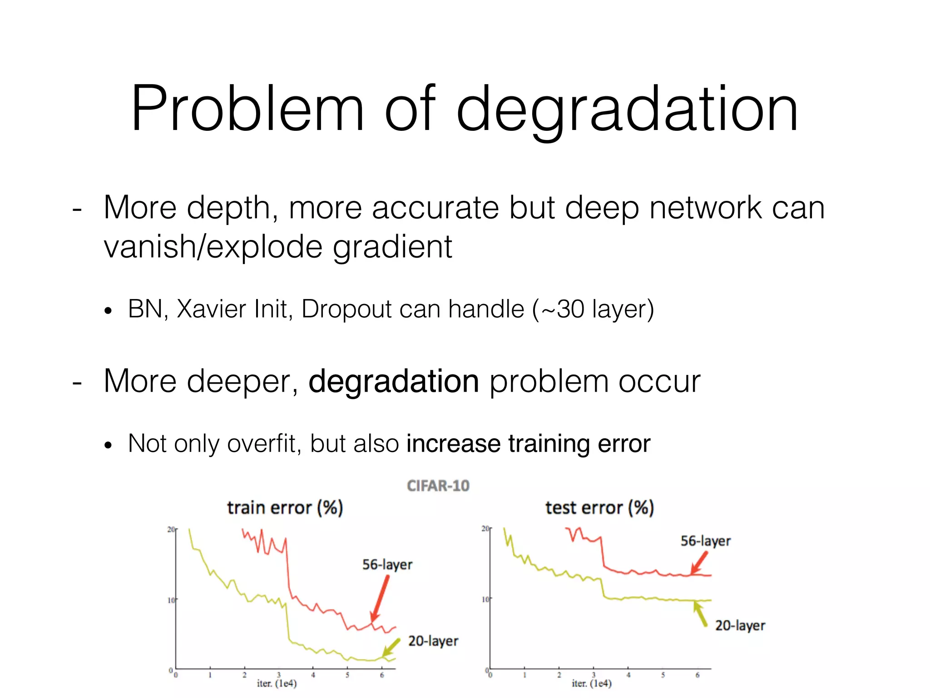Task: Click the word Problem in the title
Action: tap(247, 109)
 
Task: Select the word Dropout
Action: tap(346, 310)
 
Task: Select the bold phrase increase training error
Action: tap(528, 444)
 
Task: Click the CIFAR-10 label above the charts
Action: tap(438, 486)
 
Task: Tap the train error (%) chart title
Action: tap(285, 508)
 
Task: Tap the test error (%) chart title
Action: tap(599, 508)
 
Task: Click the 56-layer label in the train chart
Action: tap(387, 565)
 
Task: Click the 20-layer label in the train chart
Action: tap(433, 641)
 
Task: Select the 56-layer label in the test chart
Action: tap(705, 541)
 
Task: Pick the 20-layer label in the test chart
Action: tap(740, 626)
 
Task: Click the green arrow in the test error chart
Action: tap(700, 613)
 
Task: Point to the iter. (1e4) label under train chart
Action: tap(277, 683)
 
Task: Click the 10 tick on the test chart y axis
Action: tap(485, 599)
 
